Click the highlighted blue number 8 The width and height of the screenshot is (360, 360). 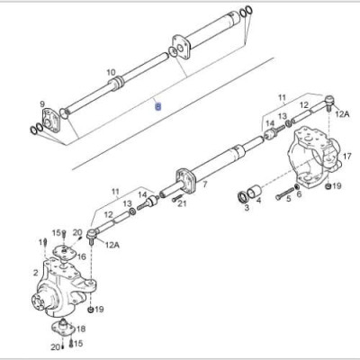coord(158,105)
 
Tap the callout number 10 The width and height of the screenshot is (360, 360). coord(111,72)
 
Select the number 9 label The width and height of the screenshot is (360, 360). coord(42,104)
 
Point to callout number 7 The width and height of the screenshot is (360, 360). coord(204,185)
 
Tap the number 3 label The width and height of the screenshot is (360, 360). coord(247,208)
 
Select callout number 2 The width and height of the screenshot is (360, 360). coord(36,272)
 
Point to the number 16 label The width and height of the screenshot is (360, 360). coord(81,256)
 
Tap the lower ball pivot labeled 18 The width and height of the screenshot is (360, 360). coord(64,327)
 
